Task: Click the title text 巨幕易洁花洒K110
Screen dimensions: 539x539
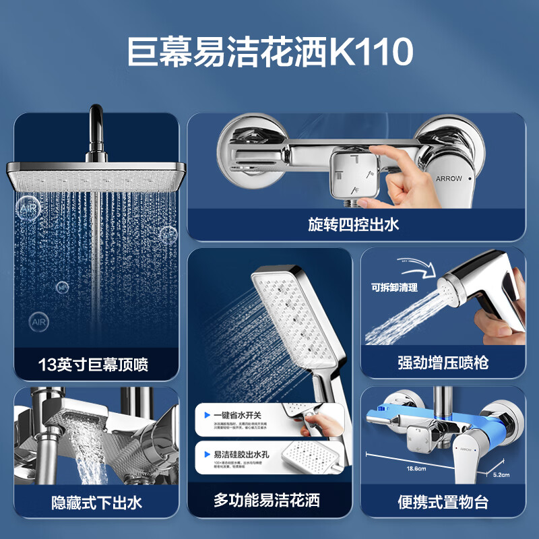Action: tap(269, 53)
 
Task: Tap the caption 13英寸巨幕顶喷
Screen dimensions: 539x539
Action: tap(93, 364)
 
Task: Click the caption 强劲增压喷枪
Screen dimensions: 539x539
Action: tap(443, 362)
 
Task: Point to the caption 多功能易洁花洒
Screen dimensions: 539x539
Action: tap(266, 500)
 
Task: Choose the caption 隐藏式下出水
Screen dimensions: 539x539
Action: tap(96, 502)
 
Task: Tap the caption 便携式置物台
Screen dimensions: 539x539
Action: tap(443, 502)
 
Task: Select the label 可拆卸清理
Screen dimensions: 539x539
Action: tap(394, 287)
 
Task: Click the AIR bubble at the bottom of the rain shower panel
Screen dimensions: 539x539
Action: tap(39, 322)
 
